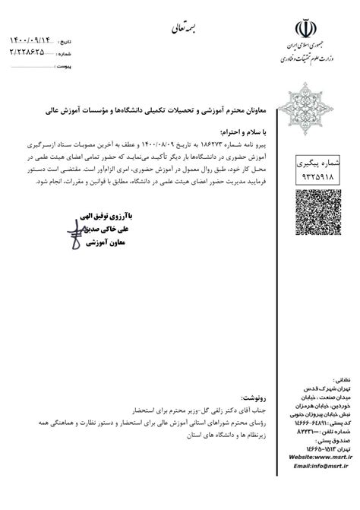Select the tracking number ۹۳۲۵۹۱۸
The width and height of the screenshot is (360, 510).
coord(308,169)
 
